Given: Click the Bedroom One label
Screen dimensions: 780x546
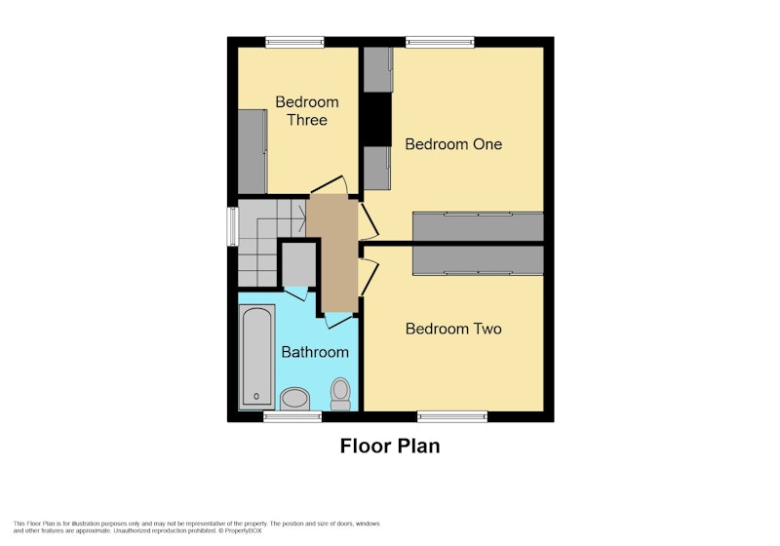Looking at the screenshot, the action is point(453,144).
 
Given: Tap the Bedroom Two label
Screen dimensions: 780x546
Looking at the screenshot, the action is point(453,329).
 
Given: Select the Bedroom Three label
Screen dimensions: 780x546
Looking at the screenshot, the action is point(307,111).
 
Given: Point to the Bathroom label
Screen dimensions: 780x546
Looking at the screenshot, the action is point(315,352).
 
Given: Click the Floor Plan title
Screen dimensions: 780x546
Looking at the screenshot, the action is point(390,446).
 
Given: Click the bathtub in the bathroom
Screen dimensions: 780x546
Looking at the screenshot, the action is point(256,357).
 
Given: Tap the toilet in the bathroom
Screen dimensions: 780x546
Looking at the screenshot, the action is point(340,394).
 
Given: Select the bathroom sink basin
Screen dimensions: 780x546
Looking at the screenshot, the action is point(295,400).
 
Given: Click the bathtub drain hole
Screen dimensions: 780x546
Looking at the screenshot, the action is point(256,396).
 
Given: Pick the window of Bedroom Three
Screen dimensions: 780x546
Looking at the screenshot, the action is point(295,42).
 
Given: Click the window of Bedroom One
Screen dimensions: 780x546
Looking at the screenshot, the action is point(440,42).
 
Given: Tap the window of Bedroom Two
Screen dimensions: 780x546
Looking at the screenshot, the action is point(452,416).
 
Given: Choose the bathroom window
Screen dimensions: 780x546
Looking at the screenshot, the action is point(292,416).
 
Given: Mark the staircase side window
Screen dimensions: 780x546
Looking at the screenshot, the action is point(232,227).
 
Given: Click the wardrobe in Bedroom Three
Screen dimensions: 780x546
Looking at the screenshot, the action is point(253,151).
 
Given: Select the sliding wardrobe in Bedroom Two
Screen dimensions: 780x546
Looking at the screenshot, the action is point(478,260).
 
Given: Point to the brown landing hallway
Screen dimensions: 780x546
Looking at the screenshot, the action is point(332,253).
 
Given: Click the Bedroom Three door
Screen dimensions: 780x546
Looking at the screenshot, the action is point(330,185).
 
